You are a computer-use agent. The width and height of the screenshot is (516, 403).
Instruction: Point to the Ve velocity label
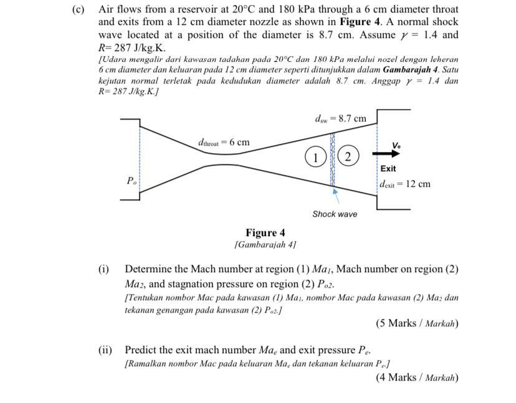click(x=396, y=145)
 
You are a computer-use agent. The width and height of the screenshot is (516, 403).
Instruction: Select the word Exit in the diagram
click(x=388, y=168)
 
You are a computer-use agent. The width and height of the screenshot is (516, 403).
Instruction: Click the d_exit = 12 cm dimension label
click(x=406, y=184)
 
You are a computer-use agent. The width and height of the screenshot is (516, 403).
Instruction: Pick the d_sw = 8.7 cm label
click(x=340, y=118)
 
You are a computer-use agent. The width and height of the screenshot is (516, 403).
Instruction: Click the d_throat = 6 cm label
click(x=223, y=142)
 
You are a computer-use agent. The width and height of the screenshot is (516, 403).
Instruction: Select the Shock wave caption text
click(x=335, y=214)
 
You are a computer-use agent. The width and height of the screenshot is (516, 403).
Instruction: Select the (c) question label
click(x=79, y=10)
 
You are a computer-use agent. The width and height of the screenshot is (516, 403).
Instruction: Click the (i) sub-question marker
click(x=103, y=269)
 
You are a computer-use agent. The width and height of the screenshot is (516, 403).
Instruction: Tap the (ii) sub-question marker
click(x=105, y=350)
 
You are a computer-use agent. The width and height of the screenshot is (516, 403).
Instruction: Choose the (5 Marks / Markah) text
click(x=417, y=323)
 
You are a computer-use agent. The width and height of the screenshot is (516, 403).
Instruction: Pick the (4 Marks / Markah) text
click(x=417, y=377)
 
